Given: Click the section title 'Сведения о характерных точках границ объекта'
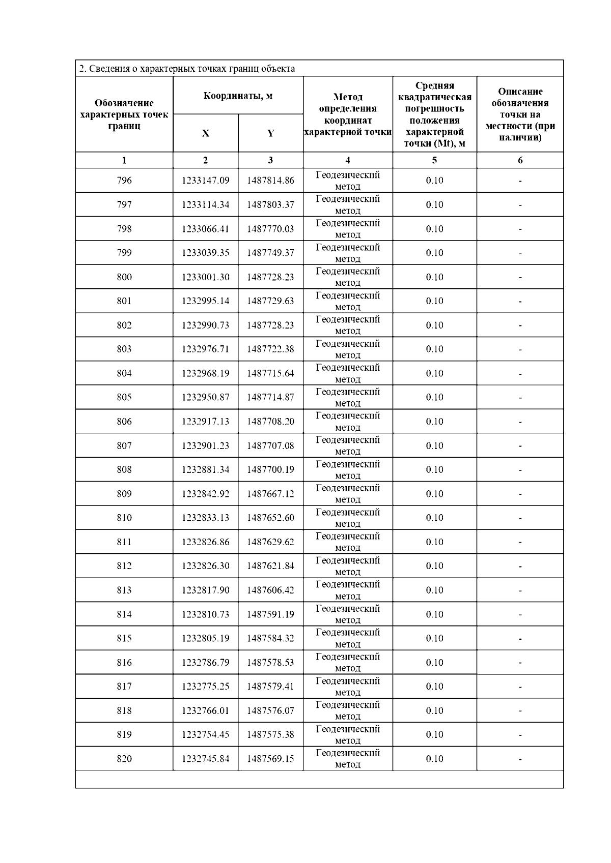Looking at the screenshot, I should [x=187, y=69].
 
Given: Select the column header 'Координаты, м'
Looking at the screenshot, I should [x=238, y=96].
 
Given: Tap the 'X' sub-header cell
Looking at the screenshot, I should [x=205, y=133].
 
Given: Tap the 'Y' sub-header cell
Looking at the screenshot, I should [x=270, y=133].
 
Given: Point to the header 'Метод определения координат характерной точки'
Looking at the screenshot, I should [x=348, y=114].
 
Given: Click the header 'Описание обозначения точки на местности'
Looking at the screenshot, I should [x=520, y=114].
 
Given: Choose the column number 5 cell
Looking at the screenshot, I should [x=434, y=160].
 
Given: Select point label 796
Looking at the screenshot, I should [x=124, y=181].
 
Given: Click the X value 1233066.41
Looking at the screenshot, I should [x=205, y=229].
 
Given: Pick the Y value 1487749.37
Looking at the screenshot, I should [x=270, y=253].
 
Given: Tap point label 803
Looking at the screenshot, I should [x=124, y=349].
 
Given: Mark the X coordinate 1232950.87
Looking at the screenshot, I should [x=205, y=397].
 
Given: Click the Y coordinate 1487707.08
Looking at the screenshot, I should [x=270, y=445].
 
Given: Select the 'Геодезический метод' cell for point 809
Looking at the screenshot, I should [x=348, y=493].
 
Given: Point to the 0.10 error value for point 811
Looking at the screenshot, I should [x=434, y=542].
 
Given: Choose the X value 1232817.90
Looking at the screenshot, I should [x=205, y=590].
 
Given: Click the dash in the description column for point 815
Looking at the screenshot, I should [x=520, y=639].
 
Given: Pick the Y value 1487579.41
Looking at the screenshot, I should [x=270, y=686].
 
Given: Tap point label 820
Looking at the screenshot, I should [x=124, y=759].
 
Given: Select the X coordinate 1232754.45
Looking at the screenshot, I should [x=205, y=734].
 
